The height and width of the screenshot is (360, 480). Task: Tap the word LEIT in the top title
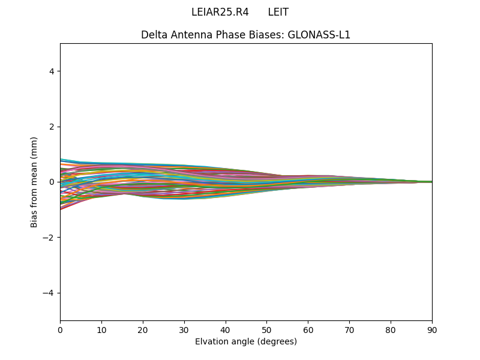[x=278, y=12]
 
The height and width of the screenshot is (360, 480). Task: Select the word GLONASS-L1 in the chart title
[x=319, y=35]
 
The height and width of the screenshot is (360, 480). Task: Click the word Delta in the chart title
[x=154, y=35]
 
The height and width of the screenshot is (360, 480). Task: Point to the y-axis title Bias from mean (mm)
[x=34, y=182]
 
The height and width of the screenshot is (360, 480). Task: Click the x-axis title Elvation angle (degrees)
[x=246, y=341]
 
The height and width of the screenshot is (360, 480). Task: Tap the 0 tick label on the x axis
[x=60, y=329]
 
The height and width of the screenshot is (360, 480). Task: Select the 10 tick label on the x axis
[x=101, y=329]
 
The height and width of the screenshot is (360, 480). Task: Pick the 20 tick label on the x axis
[x=143, y=329]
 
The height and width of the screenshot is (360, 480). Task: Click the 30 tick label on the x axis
[x=184, y=329]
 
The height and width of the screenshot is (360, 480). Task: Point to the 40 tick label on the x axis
[x=226, y=329]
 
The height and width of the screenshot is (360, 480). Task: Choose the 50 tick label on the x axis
[x=266, y=329]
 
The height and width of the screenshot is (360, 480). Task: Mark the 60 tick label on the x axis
[x=308, y=329]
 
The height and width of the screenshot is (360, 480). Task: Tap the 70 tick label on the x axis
[x=349, y=329]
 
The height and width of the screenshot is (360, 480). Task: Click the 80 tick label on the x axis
[x=391, y=329]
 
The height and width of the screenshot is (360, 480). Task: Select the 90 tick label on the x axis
[x=432, y=329]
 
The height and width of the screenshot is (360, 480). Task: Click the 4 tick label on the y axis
[x=52, y=71]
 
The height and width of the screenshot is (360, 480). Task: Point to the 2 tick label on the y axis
[x=52, y=127]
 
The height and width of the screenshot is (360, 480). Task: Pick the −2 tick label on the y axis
[x=49, y=238]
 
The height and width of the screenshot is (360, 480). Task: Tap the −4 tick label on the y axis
[x=49, y=293]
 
